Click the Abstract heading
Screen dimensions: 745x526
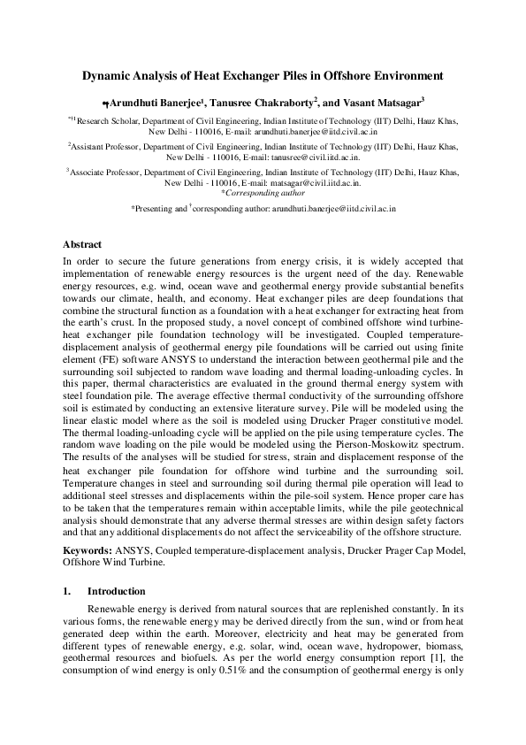(x=82, y=244)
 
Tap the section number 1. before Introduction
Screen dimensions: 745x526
(x=67, y=590)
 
